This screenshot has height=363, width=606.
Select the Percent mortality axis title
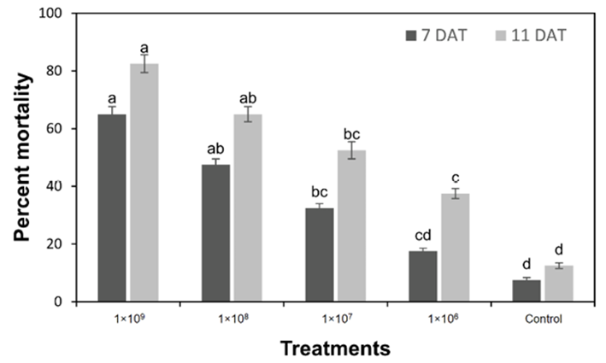pyautogui.click(x=26, y=157)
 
